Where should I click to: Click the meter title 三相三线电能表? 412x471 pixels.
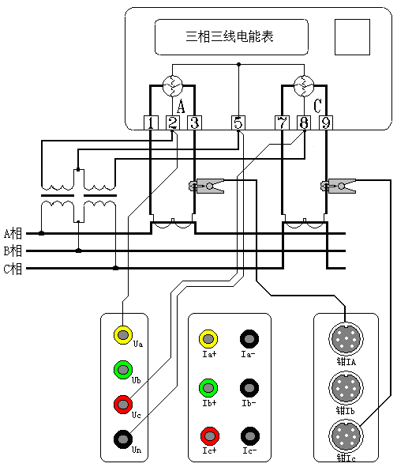click(x=234, y=36)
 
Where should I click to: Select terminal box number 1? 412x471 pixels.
click(x=151, y=122)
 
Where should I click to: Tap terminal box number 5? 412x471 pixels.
click(x=239, y=122)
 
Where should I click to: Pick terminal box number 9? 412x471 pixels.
click(x=324, y=122)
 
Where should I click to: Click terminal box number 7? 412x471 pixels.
click(x=282, y=122)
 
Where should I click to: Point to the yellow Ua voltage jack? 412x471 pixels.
click(x=122, y=334)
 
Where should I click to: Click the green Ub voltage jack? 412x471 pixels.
click(x=122, y=369)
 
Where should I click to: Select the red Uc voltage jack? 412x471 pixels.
click(x=122, y=404)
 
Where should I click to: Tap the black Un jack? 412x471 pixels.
click(x=122, y=438)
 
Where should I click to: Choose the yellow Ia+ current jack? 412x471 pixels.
click(x=208, y=339)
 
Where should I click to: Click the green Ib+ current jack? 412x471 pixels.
click(x=208, y=386)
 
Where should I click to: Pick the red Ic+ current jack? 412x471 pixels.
click(x=208, y=435)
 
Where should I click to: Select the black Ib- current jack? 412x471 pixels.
click(x=249, y=386)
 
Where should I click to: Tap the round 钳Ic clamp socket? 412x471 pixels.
click(x=346, y=435)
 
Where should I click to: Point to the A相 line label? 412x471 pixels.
click(x=13, y=234)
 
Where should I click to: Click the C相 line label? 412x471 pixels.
click(x=13, y=269)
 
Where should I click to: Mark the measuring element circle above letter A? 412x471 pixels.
click(x=173, y=84)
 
